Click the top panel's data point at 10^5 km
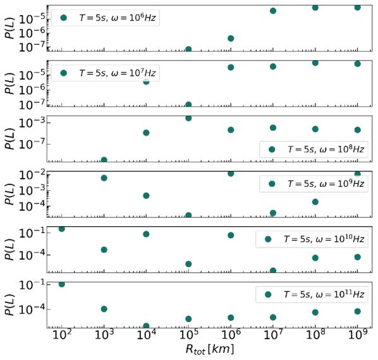click(x=188, y=49)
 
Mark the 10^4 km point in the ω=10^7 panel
click(x=146, y=81)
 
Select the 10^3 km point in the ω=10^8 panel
click(x=104, y=160)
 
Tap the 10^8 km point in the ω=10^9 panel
click(x=315, y=201)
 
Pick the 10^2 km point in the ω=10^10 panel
click(x=61, y=229)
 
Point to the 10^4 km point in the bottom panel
click(x=146, y=326)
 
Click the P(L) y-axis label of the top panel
click(x=9, y=27)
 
